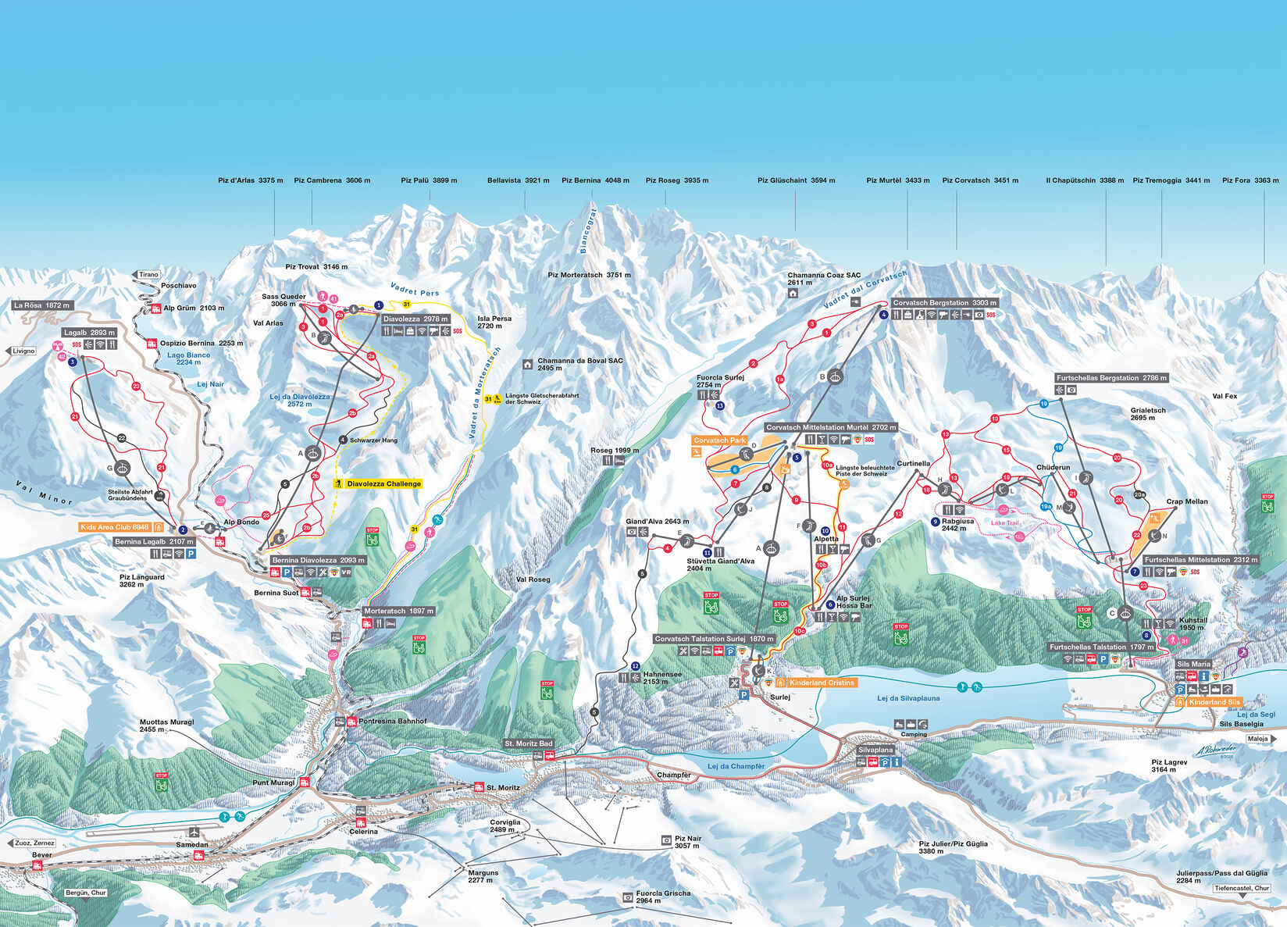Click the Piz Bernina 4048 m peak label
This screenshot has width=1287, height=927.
pos(595,180)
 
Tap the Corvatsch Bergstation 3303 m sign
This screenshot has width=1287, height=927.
pos(944,303)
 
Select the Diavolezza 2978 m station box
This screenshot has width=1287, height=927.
pos(415,319)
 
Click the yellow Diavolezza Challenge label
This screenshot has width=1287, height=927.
pos(383,484)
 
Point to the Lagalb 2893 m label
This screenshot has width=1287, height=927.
pos(89,333)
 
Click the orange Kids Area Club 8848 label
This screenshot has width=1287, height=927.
pos(115,527)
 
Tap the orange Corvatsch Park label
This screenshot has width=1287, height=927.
pos(718,440)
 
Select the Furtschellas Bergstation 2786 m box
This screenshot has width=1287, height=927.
pos(1111,378)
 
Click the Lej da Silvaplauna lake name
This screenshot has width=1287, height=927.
pos(908,698)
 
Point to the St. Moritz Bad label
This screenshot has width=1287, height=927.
pos(529,743)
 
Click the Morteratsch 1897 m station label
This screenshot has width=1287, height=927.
pos(398,611)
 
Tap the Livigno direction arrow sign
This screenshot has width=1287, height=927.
pos(20,351)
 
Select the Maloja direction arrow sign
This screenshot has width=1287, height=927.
pos(1260,739)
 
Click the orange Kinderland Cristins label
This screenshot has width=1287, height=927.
pos(822,683)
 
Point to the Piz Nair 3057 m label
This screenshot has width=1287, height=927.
pos(687,842)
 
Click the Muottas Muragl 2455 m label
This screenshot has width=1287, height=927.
pos(166,726)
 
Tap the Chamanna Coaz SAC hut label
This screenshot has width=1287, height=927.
pos(823,279)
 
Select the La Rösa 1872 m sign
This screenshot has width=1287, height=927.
pos(41,305)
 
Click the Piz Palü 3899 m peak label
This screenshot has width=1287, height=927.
pos(429,180)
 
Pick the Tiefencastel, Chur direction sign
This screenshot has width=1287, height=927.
pos(1242,888)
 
